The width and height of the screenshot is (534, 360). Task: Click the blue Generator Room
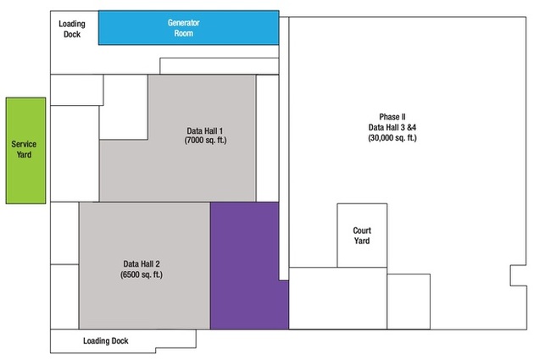pos(188,27)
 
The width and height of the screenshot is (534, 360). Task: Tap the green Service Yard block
pos(25,150)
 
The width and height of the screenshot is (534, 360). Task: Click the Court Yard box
pos(362,235)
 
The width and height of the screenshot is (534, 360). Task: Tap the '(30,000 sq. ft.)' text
pos(392,137)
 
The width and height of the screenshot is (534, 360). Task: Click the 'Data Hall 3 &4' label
pos(392,126)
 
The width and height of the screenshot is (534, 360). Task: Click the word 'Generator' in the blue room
pos(187,22)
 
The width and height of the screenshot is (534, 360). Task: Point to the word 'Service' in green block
pos(25,145)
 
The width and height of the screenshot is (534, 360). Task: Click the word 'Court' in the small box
pos(362,230)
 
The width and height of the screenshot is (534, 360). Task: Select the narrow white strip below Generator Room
pos(219,66)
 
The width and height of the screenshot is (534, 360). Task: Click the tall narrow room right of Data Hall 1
pos(267,137)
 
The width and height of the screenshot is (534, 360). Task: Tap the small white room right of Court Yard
pos(409,301)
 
